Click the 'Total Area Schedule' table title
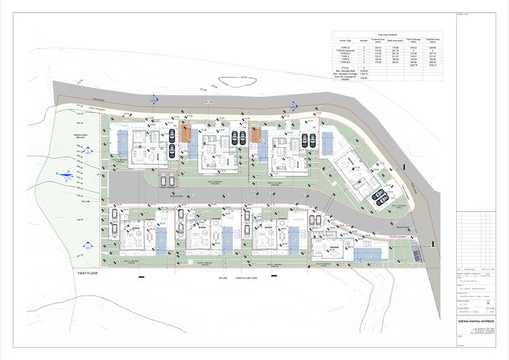pyautogui.click(x=386, y=33)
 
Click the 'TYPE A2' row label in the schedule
pyautogui.click(x=345, y=47)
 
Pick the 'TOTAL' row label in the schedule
pyautogui.click(x=345, y=69)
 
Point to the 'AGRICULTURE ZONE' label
pyautogui.click(x=248, y=278)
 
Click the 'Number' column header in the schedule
pyautogui.click(x=363, y=40)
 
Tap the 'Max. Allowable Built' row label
pyautogui.click(x=345, y=72)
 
